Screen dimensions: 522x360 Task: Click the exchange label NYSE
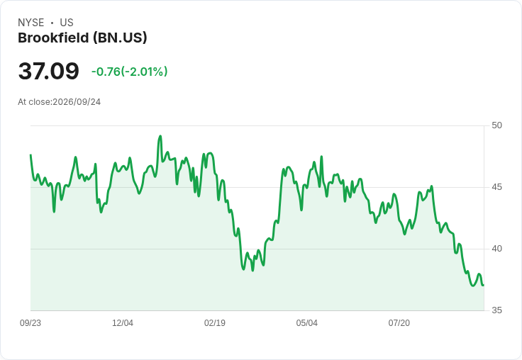tap(31, 23)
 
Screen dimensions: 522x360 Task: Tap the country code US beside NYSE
tap(67, 23)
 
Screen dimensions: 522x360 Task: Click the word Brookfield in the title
tap(53, 38)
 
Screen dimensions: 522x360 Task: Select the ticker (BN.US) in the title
tap(120, 38)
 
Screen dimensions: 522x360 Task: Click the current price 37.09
tap(49, 71)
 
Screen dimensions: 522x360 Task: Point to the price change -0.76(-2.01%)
tap(130, 72)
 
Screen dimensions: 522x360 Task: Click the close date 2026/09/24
tap(77, 102)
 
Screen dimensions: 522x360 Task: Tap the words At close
tap(34, 102)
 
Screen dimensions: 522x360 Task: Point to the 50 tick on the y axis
tap(496, 125)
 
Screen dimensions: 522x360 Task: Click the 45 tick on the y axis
tap(496, 187)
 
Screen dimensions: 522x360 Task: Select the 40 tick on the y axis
tap(496, 249)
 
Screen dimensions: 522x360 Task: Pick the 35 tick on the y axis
tap(496, 310)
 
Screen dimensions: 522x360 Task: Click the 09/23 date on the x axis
tap(30, 323)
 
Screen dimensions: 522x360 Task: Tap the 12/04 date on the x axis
tap(123, 323)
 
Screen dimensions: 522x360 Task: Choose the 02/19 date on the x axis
tap(215, 323)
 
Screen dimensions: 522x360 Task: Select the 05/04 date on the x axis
tap(307, 323)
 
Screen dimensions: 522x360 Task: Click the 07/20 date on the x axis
tap(399, 323)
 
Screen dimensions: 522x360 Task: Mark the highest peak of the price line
tap(160, 136)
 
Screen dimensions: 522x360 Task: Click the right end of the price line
tap(484, 285)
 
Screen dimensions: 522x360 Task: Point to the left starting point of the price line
tap(30, 155)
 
